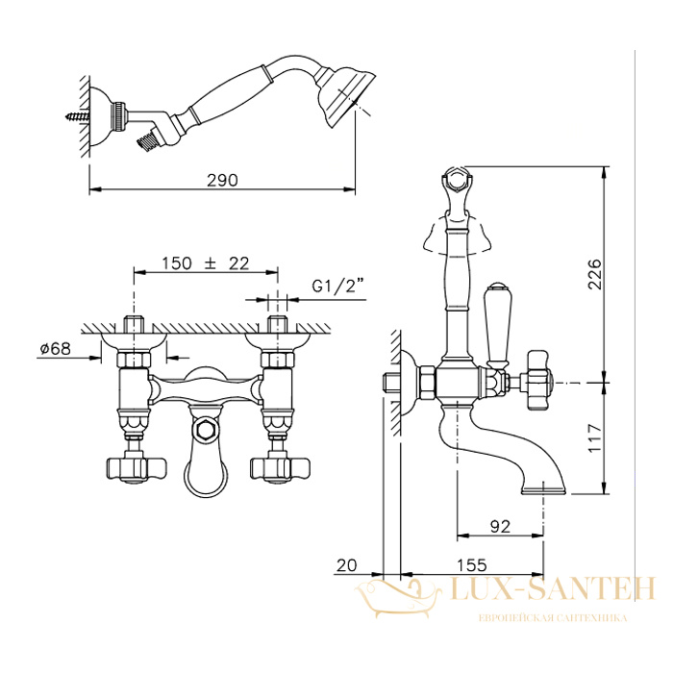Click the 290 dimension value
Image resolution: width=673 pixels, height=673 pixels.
(x=222, y=181)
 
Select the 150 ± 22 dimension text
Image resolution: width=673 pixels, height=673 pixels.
(x=205, y=263)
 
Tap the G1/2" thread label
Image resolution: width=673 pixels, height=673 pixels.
(x=337, y=285)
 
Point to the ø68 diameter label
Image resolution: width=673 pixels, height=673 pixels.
(x=56, y=348)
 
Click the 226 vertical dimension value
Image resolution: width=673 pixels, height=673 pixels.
(x=595, y=274)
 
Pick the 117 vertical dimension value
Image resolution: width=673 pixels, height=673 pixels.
(x=595, y=437)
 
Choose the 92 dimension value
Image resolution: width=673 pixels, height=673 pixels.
(x=500, y=526)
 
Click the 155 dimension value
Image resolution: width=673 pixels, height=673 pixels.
(x=471, y=565)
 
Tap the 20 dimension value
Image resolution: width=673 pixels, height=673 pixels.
(x=346, y=565)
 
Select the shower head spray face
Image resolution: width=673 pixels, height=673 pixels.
(x=352, y=101)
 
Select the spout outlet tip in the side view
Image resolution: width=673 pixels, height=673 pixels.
(x=544, y=490)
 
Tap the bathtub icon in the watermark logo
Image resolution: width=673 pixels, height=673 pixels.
(x=399, y=598)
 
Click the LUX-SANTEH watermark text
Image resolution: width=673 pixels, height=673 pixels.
(x=554, y=588)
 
